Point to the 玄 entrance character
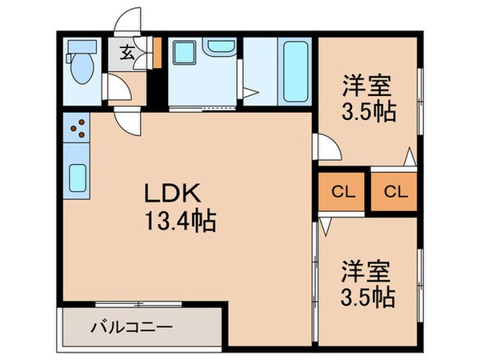click(x=127, y=54)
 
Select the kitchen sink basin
click(x=78, y=178)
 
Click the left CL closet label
click(x=342, y=192)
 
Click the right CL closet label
click(x=394, y=192)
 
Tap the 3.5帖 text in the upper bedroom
click(x=370, y=111)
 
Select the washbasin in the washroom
click(x=218, y=48)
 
